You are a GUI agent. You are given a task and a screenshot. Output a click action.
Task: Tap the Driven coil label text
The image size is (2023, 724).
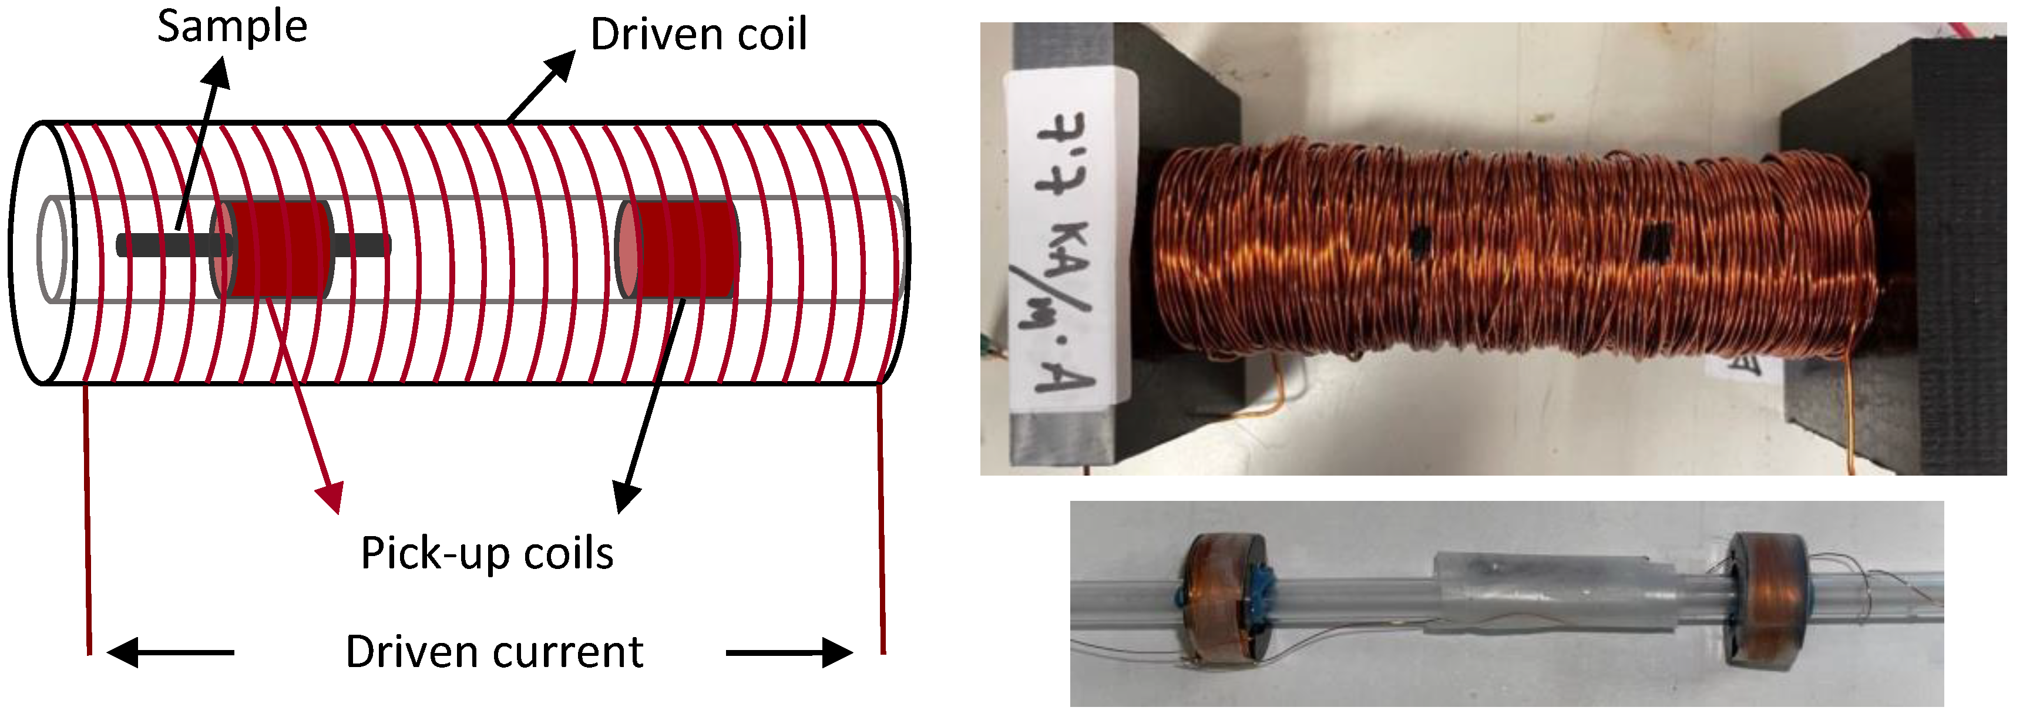[x=698, y=35]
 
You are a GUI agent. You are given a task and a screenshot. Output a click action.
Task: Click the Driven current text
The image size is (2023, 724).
[x=494, y=652]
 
